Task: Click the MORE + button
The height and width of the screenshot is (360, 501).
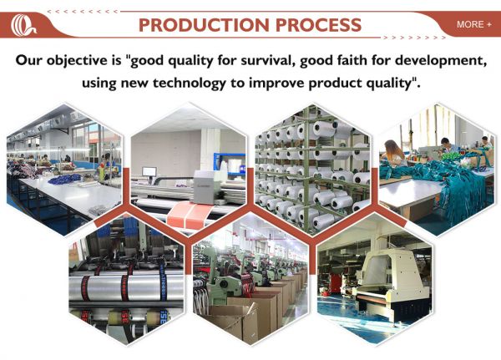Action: (473, 24)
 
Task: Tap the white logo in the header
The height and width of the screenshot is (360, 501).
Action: (23, 25)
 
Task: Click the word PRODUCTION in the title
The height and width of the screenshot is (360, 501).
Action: (204, 25)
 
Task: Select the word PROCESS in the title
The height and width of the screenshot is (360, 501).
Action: (318, 25)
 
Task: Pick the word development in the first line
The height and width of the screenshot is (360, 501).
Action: (441, 61)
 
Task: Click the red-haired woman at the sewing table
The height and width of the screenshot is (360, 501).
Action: (395, 153)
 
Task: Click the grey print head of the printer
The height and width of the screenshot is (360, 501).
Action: (205, 187)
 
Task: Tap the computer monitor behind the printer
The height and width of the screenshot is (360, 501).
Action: (149, 172)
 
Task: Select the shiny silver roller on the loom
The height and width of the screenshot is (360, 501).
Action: (127, 287)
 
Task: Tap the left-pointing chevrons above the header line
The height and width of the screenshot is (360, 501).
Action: (83, 12)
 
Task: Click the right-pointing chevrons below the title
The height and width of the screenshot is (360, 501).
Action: (414, 38)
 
